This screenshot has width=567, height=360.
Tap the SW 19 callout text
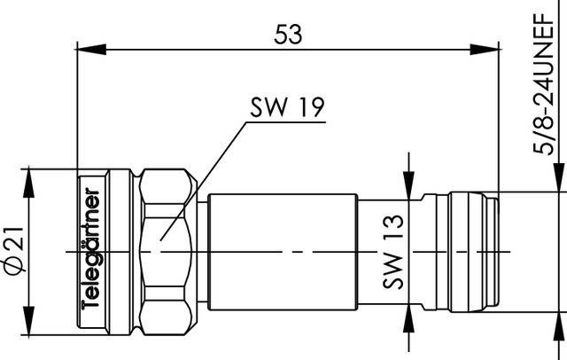(285, 108)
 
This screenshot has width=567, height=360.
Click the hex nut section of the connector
(167, 251)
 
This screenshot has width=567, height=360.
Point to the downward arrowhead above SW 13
(408, 188)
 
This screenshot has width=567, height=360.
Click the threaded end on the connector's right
(470, 251)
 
